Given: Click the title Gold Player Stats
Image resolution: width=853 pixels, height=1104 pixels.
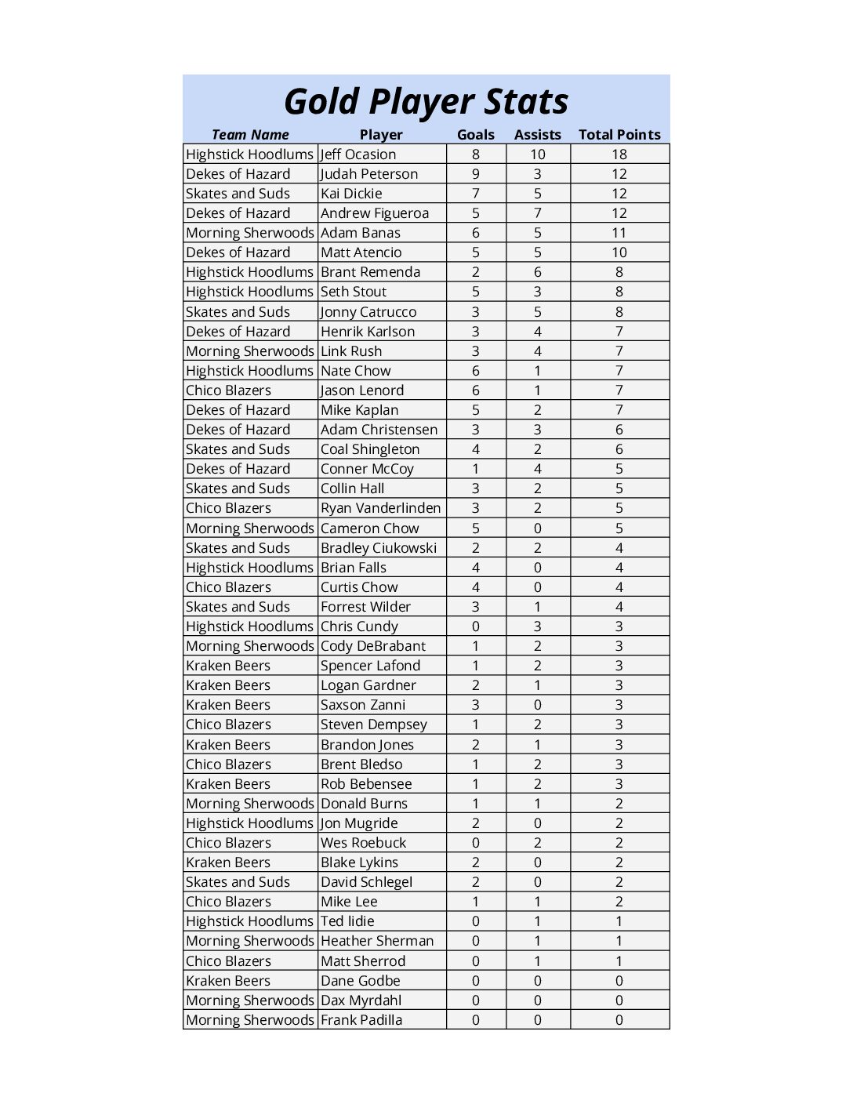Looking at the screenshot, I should pos(426,102).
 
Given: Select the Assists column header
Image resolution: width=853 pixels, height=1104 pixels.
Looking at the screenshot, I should pos(537,135).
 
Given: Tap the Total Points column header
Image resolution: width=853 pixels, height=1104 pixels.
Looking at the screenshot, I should pos(619,135).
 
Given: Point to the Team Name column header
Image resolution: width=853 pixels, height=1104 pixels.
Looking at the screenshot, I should pos(250,135).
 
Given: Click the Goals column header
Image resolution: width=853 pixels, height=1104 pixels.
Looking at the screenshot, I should pos(476,135).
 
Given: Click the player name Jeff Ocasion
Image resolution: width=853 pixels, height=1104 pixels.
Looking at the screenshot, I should pos(358,154).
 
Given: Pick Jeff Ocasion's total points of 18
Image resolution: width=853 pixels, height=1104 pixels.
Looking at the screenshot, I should pos(619,154).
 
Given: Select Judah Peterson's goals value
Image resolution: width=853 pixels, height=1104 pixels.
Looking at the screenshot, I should pos(476,174).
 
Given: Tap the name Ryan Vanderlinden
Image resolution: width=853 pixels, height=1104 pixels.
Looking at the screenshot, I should pos(380,508).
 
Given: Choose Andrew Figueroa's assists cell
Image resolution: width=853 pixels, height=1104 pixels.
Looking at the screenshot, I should pos(537,213).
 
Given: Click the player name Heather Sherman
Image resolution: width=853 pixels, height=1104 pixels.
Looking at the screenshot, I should pos(377,941).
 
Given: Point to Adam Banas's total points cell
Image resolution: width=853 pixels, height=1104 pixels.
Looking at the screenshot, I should pos(619,233).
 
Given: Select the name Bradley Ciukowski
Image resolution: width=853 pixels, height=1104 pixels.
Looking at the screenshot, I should pos(379,548).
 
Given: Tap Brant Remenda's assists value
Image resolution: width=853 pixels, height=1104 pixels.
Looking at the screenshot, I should pos(537,272).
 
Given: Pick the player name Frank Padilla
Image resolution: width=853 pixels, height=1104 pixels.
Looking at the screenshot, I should pos(361,1020).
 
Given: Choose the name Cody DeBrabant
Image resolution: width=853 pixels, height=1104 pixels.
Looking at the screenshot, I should pos(373,646).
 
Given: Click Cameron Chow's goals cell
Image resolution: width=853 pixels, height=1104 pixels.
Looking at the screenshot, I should pos(476,528).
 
